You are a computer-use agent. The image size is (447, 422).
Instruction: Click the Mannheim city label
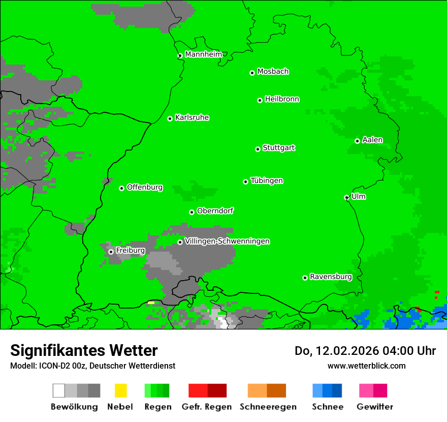point(203,54)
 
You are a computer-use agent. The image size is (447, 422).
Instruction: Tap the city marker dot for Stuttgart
point(258,149)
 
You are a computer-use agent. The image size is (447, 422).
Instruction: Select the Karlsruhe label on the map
point(192,117)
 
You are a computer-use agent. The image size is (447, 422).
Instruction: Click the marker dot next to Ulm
point(347,198)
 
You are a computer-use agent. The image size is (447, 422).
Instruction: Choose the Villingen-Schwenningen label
point(227,241)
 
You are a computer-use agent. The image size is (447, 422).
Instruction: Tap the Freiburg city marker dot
point(111,252)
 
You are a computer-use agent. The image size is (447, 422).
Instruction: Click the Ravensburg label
point(331,277)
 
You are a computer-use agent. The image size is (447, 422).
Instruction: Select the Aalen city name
point(372,140)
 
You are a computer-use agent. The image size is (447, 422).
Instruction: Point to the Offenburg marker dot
point(121,188)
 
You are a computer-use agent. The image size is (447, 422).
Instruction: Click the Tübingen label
point(267,180)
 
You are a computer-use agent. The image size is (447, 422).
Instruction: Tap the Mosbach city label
point(273,72)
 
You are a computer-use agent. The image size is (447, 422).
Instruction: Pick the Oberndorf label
point(215,210)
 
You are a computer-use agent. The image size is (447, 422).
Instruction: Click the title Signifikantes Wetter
point(84,350)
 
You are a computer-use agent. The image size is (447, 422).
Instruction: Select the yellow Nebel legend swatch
point(120,390)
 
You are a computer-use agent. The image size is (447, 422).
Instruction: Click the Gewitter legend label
point(375,407)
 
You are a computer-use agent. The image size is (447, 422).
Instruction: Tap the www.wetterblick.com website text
point(366,366)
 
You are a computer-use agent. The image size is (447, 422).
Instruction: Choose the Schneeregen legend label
point(267,407)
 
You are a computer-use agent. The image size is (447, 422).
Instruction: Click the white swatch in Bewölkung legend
point(59,390)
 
